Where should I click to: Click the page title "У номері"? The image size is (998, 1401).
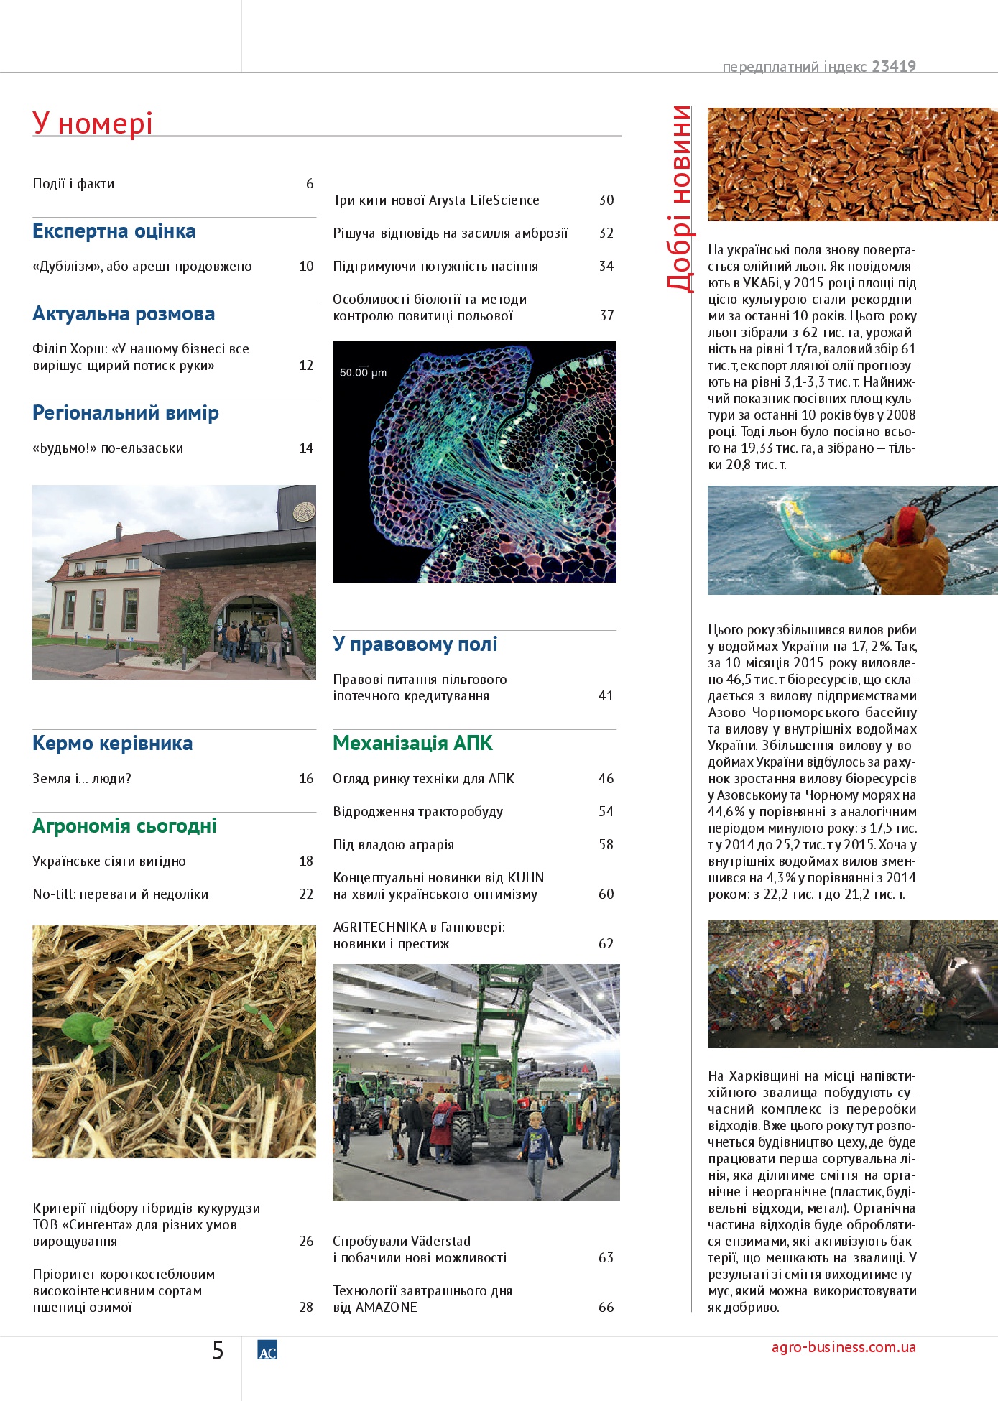tap(93, 124)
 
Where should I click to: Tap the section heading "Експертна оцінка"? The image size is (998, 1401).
tap(114, 231)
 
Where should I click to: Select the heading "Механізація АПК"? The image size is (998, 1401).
tap(412, 744)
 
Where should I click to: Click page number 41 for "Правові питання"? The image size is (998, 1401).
tap(606, 696)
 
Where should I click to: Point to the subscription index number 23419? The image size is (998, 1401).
tap(894, 67)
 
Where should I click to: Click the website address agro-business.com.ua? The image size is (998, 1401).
tap(844, 1347)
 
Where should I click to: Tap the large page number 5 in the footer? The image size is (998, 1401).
tap(218, 1351)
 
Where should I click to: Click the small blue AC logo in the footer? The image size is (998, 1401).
tap(267, 1351)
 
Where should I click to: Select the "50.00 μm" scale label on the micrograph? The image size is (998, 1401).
tap(363, 373)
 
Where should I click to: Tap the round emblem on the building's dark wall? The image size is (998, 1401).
tap(304, 512)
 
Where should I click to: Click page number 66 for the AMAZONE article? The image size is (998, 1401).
tap(606, 1308)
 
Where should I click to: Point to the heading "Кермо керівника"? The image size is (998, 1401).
tap(112, 744)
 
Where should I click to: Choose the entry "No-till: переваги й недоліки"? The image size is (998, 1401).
tap(120, 894)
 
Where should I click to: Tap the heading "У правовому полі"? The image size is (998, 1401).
tap(415, 644)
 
